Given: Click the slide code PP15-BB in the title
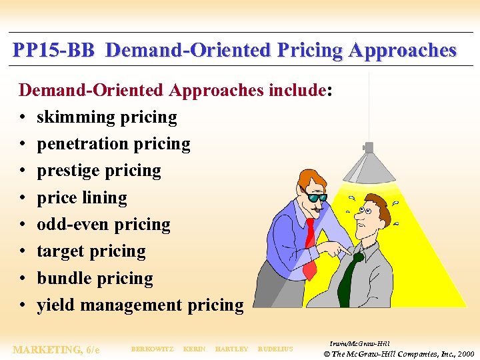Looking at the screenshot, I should pos(55,51).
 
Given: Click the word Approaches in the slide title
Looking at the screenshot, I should pos(403,51).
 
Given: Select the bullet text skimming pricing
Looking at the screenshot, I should pos(107,117).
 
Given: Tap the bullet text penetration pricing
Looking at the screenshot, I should pos(113,144).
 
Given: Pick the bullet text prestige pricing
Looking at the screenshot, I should pos(99,171).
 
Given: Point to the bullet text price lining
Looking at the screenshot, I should pos(81,198).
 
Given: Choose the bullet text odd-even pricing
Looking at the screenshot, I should pos(103,225).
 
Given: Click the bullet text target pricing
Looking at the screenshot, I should pos(91,251).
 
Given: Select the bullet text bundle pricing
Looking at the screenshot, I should pos(95,279).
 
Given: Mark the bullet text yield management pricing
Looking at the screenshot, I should pos(140,305).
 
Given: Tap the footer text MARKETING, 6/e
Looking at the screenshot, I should pos(56,349).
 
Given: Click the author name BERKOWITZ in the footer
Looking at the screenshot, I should pos(152,349).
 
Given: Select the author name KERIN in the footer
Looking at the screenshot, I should pos(194,349).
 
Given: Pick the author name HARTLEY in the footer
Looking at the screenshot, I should pos(231,349).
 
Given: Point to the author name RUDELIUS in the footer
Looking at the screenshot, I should pos(275,349).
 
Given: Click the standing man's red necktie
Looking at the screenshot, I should pos(310,247).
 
